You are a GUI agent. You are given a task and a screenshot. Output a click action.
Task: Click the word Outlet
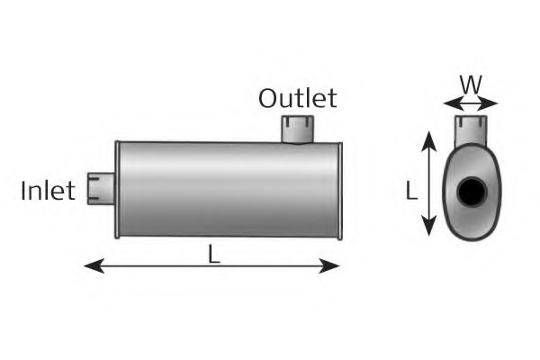297,98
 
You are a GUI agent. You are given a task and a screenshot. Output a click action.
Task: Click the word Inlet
49,192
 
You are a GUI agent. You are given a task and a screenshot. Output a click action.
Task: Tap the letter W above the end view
469,85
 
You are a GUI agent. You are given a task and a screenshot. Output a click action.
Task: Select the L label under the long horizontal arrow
214,254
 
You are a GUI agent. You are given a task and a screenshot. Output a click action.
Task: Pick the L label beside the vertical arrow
410,191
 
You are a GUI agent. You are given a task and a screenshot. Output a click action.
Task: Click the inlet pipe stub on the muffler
97,189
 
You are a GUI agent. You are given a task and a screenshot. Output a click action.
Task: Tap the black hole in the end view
471,192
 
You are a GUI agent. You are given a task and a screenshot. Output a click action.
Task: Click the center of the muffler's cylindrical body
228,189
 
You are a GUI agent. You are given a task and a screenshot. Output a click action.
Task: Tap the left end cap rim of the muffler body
117,190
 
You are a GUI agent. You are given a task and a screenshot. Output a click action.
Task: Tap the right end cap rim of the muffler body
338,190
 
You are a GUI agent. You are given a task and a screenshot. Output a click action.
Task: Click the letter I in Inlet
24,192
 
